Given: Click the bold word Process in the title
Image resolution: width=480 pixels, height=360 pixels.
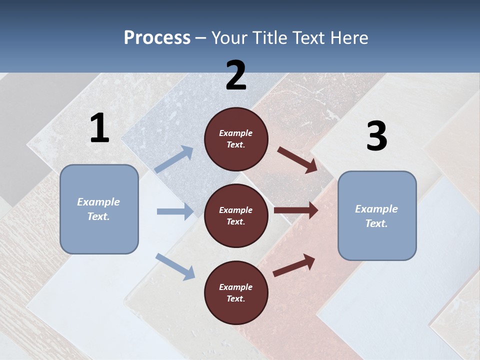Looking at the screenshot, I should (157, 38).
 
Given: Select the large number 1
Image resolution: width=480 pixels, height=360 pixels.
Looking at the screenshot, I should (99, 128).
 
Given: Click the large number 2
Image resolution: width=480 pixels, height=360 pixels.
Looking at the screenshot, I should (236, 75).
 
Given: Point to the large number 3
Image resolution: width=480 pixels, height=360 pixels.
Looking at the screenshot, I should (376, 136).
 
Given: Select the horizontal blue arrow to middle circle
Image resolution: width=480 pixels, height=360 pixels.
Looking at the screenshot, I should (175, 211).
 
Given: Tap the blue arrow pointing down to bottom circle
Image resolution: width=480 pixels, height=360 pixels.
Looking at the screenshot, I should (175, 266).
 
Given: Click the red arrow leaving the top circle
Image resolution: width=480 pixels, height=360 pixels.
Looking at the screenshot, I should (297, 160).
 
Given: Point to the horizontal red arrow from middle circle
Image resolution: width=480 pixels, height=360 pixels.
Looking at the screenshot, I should (296, 210).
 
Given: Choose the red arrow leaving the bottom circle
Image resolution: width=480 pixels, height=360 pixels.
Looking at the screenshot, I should (294, 265).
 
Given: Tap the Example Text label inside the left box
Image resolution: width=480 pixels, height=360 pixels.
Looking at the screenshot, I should (98, 209).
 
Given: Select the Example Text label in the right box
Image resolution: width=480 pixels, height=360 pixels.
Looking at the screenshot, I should (376, 216).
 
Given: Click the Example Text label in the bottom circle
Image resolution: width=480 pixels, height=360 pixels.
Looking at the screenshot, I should (236, 292).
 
